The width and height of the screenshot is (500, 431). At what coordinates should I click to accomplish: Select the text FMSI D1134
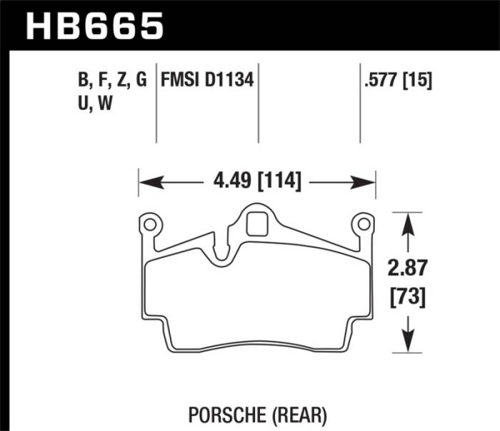(x=208, y=81)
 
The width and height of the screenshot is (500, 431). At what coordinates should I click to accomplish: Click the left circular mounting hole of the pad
(x=150, y=225)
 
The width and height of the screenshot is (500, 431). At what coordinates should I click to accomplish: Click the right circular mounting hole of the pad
(x=364, y=225)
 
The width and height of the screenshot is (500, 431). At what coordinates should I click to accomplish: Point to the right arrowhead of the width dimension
(x=368, y=182)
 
